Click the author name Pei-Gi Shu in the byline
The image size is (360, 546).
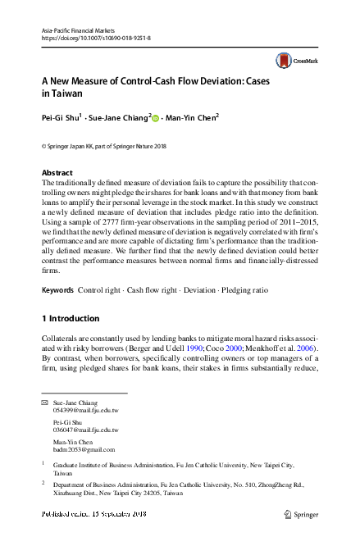coord(60,117)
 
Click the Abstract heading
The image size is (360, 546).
coord(56,173)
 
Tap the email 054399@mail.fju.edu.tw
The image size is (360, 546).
coord(85,412)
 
